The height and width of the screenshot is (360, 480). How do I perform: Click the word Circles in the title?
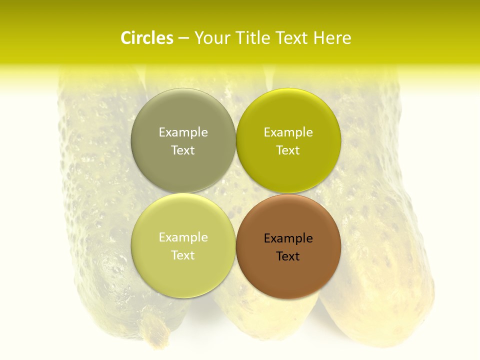(146, 38)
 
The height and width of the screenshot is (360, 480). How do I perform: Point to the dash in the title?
(183, 38)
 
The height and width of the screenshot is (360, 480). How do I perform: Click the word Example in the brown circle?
(288, 238)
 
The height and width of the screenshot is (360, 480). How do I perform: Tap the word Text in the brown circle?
(288, 256)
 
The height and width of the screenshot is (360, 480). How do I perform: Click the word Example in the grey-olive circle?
(183, 132)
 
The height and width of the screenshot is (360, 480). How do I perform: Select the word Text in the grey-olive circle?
(183, 150)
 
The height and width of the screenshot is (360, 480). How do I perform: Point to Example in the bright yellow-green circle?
(288, 132)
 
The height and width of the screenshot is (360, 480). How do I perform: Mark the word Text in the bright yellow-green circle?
(288, 150)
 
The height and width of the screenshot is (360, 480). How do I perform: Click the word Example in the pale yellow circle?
(183, 237)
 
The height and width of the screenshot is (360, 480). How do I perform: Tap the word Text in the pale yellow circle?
(183, 255)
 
